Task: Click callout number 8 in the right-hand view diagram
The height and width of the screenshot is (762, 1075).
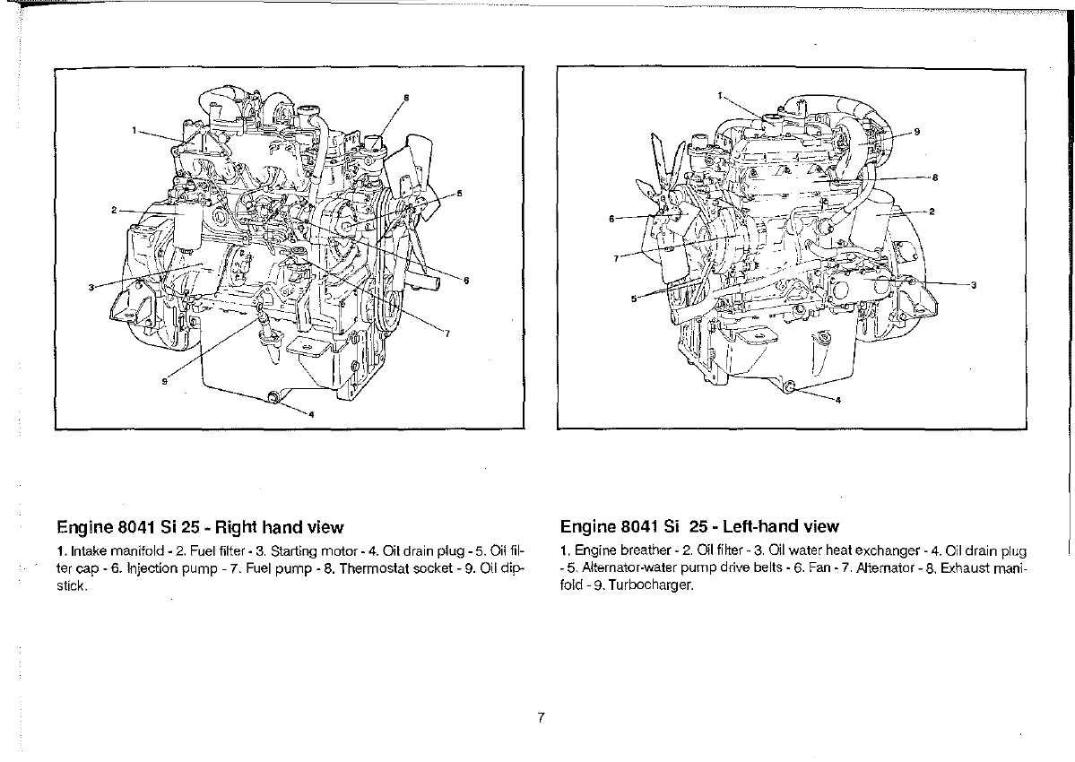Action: [x=406, y=98]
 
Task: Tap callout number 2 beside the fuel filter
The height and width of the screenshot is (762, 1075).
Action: [x=115, y=210]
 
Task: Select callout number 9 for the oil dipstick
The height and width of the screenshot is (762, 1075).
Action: [x=164, y=382]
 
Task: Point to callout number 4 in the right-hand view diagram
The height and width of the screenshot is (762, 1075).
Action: [x=311, y=414]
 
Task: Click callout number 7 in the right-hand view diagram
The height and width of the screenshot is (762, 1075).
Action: [x=447, y=333]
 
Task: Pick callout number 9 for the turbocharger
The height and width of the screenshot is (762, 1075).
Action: [x=916, y=133]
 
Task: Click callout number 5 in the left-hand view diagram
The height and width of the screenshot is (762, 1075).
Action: [x=634, y=299]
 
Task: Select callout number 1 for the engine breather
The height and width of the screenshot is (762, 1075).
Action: [x=720, y=95]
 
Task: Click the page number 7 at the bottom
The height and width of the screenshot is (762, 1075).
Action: [x=541, y=717]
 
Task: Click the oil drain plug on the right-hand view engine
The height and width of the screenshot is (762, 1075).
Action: [x=273, y=397]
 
